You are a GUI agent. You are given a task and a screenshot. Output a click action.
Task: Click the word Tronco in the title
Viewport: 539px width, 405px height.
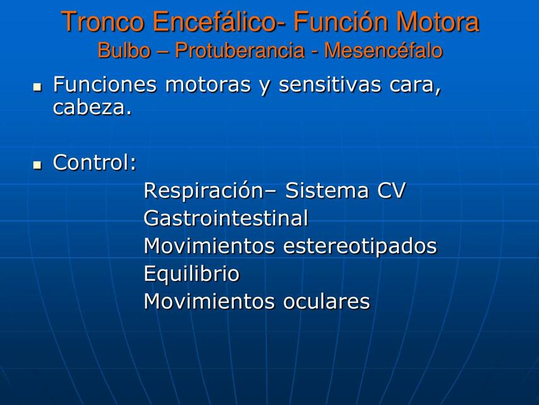pyautogui.click(x=104, y=23)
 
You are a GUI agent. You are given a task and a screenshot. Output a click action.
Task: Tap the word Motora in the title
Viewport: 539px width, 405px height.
pyautogui.click(x=437, y=23)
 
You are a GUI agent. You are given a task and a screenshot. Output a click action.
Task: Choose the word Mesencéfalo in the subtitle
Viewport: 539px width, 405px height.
pyautogui.click(x=384, y=51)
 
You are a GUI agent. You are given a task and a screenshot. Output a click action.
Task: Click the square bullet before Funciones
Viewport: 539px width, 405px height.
pyautogui.click(x=37, y=85)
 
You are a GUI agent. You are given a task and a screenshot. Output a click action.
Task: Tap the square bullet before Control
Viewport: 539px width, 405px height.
pyautogui.click(x=37, y=164)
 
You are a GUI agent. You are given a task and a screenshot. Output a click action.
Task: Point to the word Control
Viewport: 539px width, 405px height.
pyautogui.click(x=95, y=163)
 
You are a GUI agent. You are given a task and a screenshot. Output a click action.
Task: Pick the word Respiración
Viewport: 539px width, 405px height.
pyautogui.click(x=203, y=190)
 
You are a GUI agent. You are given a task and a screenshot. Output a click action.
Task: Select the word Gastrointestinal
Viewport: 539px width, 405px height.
pyautogui.click(x=226, y=219)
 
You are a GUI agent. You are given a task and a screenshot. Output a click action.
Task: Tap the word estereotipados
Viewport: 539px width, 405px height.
pyautogui.click(x=360, y=246)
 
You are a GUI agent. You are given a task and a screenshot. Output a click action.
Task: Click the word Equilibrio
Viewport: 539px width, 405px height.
pyautogui.click(x=191, y=274)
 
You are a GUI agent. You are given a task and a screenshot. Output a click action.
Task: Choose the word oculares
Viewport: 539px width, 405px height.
pyautogui.click(x=326, y=302)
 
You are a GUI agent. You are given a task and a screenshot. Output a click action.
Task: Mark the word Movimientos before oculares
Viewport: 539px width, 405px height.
pyautogui.click(x=210, y=302)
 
